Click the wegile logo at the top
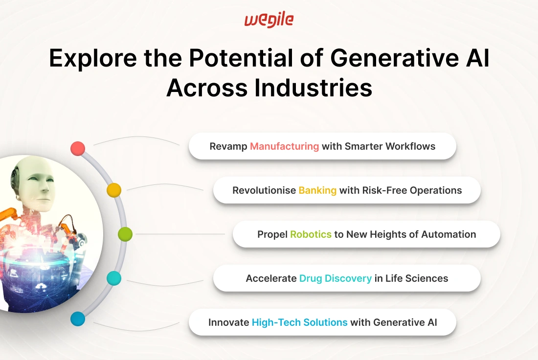point(269,20)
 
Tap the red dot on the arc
point(78,149)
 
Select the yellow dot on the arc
point(114,190)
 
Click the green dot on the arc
point(125,234)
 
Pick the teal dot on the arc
point(114,278)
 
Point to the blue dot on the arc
point(78,319)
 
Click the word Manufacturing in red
point(285,146)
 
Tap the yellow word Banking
point(317,190)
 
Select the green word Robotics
point(311,234)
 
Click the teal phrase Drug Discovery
point(335,278)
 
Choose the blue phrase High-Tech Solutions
point(299,322)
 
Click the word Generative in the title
point(395,58)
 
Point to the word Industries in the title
point(313,88)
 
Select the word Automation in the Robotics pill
point(448,234)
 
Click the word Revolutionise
point(264,190)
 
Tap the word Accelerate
point(271,278)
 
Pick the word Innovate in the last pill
point(228,322)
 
